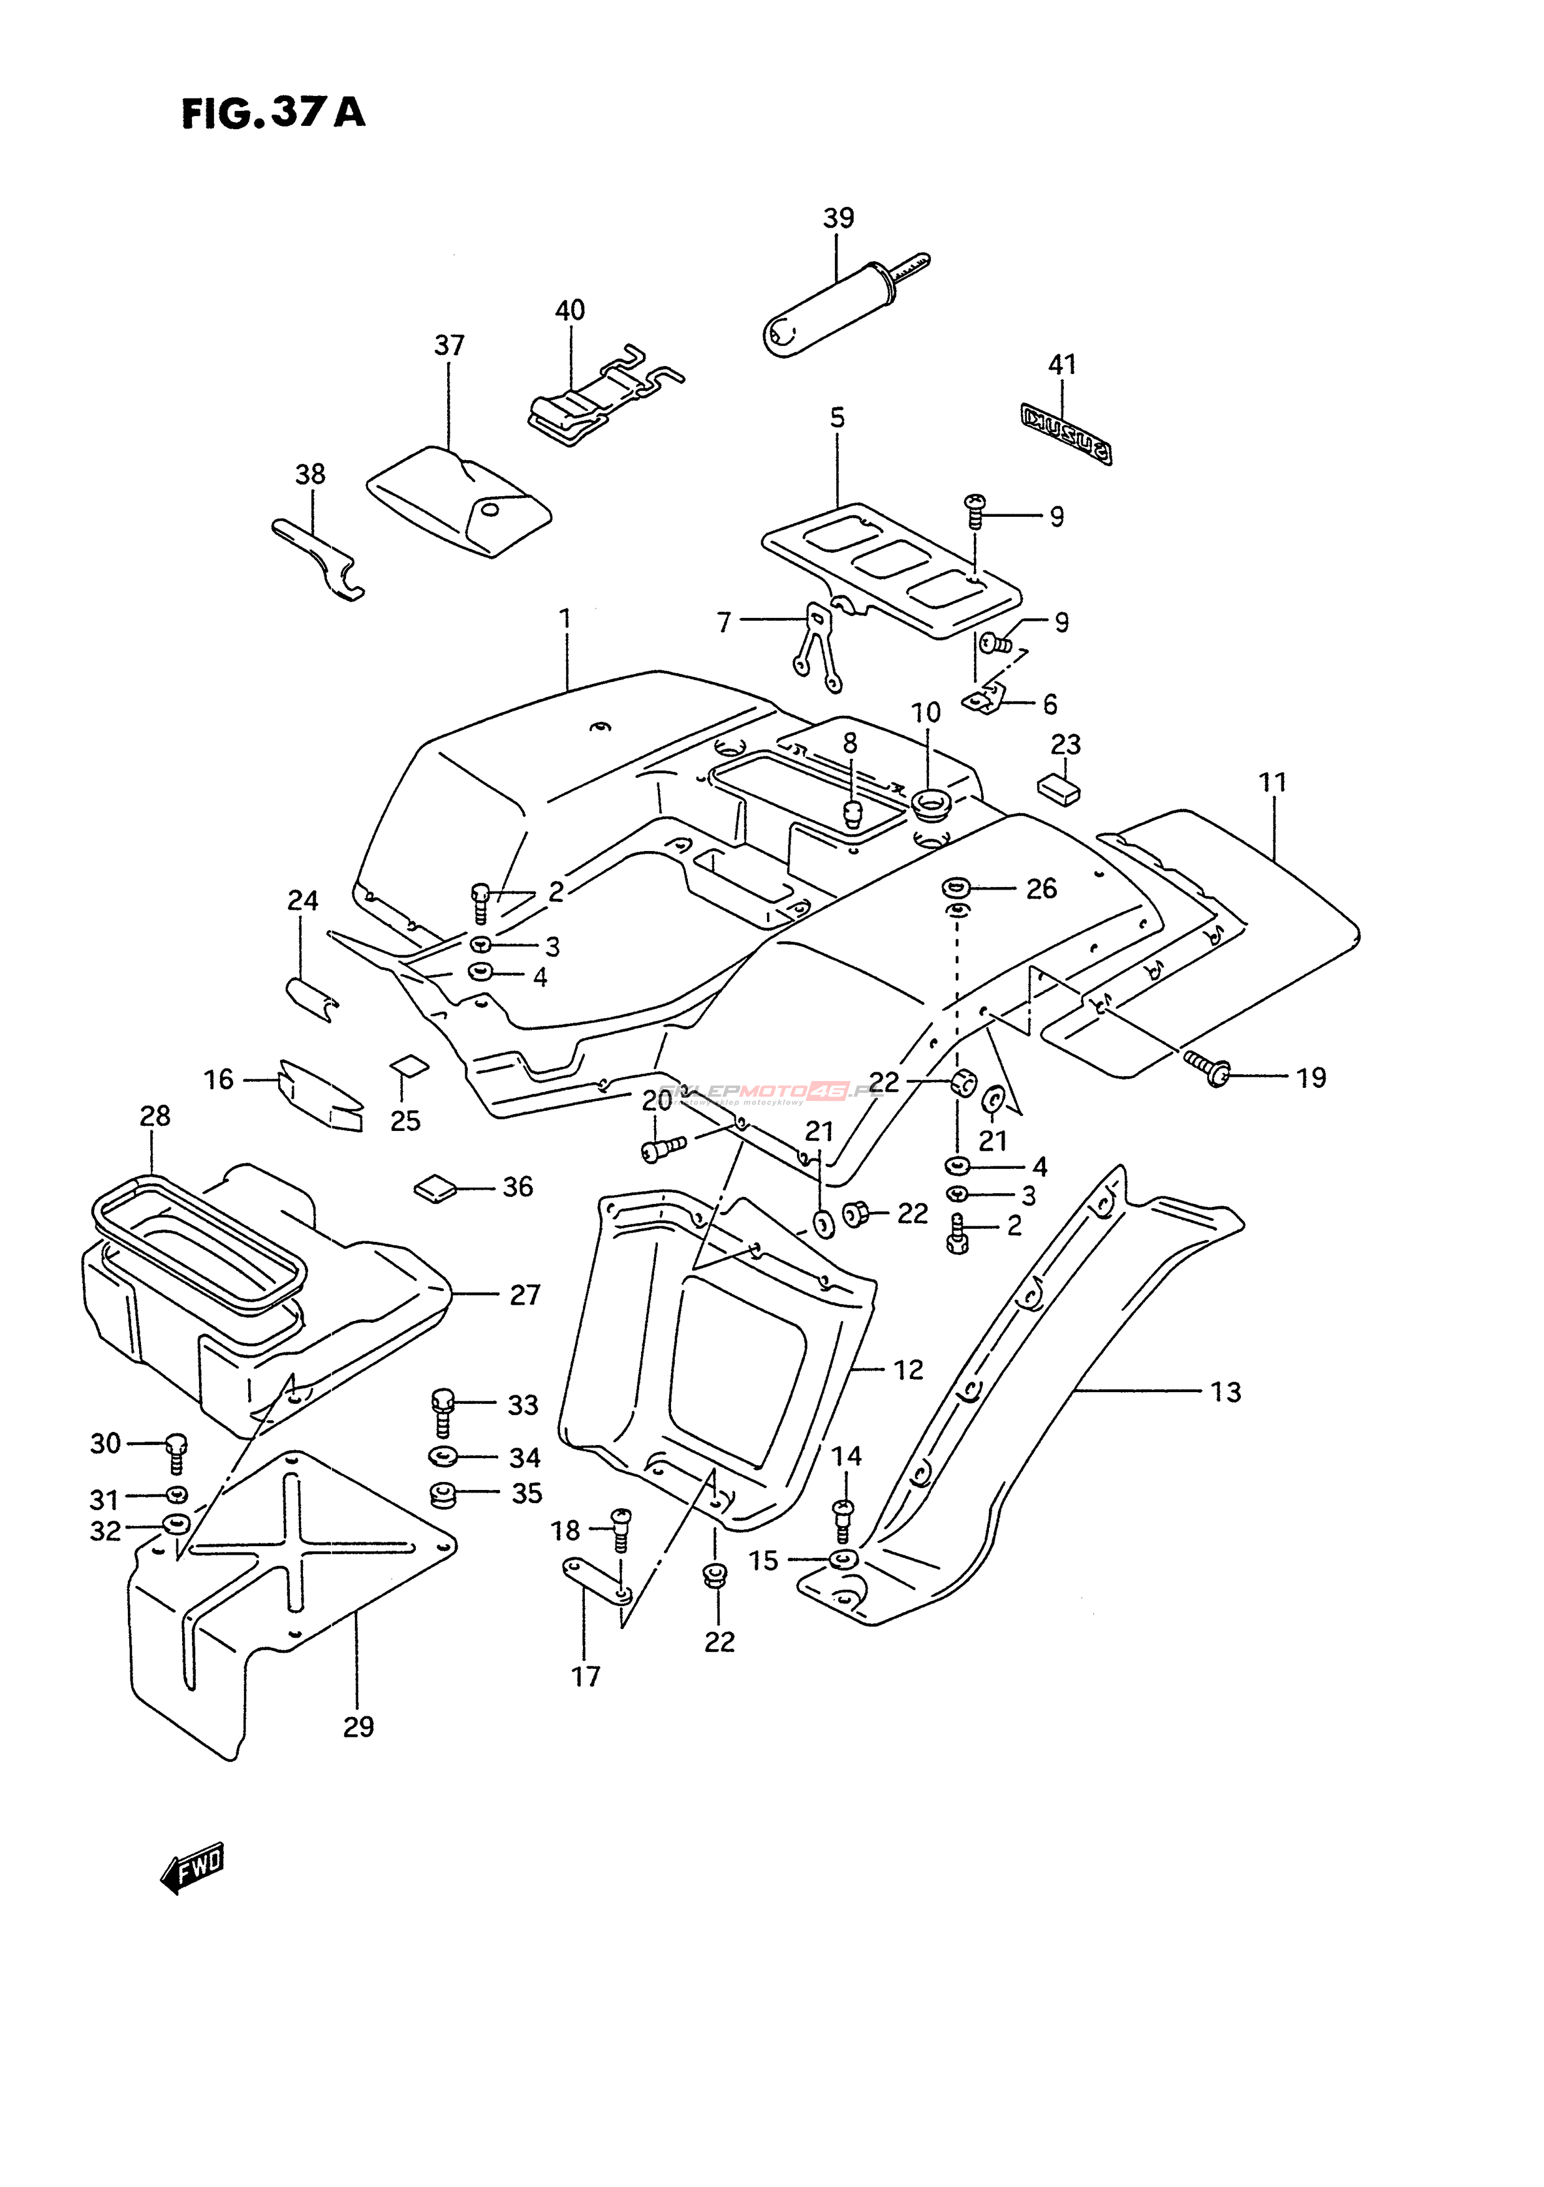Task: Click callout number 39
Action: [838, 218]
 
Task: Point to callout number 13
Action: [1226, 1393]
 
